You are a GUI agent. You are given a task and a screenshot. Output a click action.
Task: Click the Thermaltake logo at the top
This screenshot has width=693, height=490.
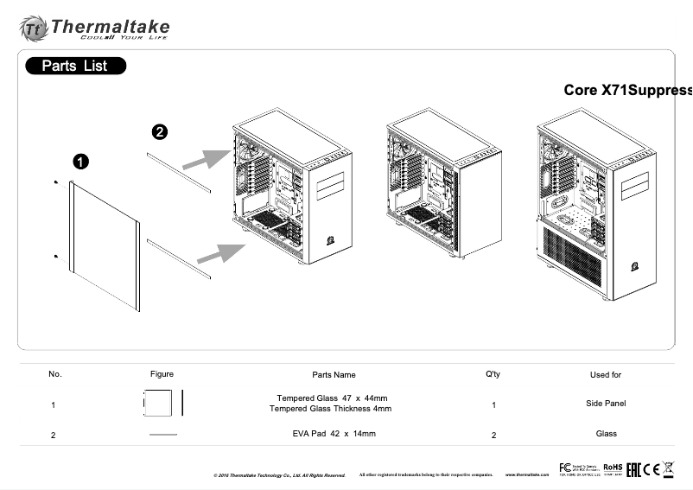coord(94,28)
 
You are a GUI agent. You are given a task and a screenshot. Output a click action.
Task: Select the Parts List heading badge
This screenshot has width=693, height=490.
coord(75,66)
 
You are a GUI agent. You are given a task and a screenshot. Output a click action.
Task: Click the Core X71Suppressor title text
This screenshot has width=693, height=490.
coord(627,91)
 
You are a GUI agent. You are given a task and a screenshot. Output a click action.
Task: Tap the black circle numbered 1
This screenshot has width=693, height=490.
coord(79,162)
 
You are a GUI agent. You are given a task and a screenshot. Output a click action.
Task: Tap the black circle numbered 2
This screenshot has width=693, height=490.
coord(160,132)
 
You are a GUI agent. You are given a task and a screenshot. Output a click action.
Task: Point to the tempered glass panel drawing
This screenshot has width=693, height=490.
coord(104,244)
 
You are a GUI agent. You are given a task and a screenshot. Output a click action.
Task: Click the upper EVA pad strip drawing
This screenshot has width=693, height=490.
coord(179,172)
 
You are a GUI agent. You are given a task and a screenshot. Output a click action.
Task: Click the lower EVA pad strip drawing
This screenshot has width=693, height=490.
coord(179,259)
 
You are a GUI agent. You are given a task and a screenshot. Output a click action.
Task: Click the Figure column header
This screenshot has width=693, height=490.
coord(162,374)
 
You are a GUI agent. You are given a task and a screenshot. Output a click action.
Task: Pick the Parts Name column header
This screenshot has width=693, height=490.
coord(334,375)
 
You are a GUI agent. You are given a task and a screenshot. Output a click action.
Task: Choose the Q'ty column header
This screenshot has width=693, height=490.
coord(493,374)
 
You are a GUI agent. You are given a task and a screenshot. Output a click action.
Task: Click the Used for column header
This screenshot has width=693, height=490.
coord(605,375)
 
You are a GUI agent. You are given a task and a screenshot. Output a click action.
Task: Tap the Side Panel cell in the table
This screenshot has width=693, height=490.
coord(605,404)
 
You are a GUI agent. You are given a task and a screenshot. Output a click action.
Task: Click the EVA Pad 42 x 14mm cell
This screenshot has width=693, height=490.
coord(334,433)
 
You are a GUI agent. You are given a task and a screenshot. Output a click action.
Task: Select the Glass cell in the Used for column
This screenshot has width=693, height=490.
coord(606,433)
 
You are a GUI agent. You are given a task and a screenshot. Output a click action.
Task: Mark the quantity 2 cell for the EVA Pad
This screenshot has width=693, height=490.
coord(493,435)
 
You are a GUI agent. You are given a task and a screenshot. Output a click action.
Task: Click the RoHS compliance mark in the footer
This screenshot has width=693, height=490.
coord(613,468)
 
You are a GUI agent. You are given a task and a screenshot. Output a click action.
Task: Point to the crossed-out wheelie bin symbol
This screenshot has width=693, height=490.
coord(667,469)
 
